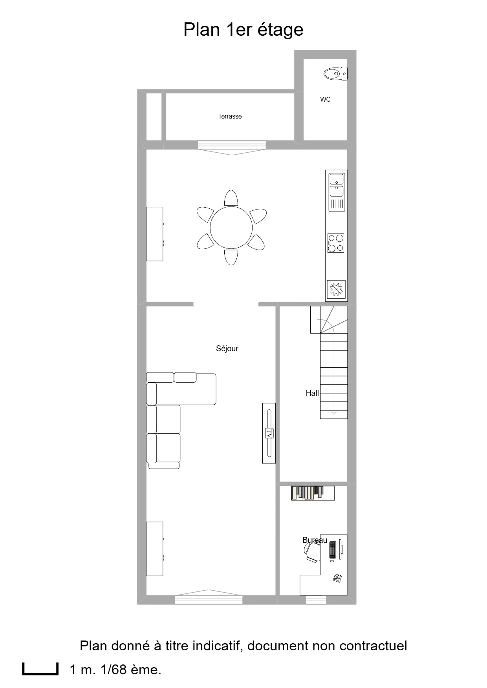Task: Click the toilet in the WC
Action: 335,73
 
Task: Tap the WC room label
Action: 325,100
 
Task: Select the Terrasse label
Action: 230,116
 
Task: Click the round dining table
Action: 231,228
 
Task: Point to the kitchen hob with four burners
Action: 336,243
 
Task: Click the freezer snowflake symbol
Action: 336,290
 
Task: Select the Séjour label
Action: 227,349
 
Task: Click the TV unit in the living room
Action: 269,433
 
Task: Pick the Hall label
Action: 312,393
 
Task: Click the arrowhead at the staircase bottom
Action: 334,413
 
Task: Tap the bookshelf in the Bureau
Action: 313,493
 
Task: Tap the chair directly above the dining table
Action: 231,198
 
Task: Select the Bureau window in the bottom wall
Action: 316,600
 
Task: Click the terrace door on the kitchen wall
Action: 232,148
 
